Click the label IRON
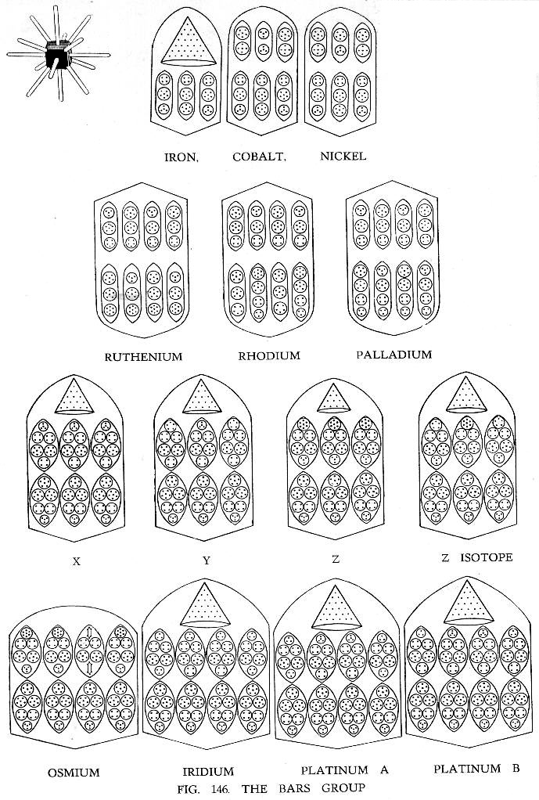pyautogui.click(x=181, y=157)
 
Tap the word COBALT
pyautogui.click(x=260, y=157)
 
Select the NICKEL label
pyautogui.click(x=343, y=156)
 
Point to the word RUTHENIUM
pyautogui.click(x=143, y=357)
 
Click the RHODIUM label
pyautogui.click(x=269, y=355)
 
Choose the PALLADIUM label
pyautogui.click(x=394, y=355)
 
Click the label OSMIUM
pyautogui.click(x=74, y=773)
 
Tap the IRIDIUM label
pyautogui.click(x=208, y=772)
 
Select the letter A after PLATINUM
pyautogui.click(x=383, y=770)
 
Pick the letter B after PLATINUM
pyautogui.click(x=515, y=769)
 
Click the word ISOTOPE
pyautogui.click(x=487, y=557)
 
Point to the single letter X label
pyautogui.click(x=77, y=561)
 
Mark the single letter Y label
pyautogui.click(x=206, y=560)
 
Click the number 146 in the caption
pyautogui.click(x=221, y=789)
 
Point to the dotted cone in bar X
pyautogui.click(x=74, y=396)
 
